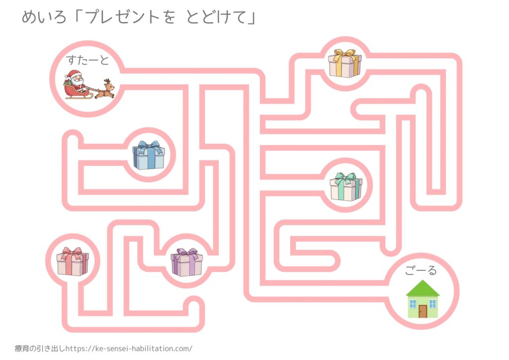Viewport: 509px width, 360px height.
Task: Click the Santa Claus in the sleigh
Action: click(x=75, y=80)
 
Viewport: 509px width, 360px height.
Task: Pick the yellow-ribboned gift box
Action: click(x=344, y=63)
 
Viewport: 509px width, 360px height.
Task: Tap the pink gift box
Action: click(x=72, y=262)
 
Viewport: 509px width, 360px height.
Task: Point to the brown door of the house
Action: click(x=423, y=311)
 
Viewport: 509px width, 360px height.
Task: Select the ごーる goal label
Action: click(x=420, y=270)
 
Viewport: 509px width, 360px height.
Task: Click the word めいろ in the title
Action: click(x=45, y=18)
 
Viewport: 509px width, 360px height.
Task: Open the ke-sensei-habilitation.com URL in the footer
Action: click(x=129, y=349)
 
